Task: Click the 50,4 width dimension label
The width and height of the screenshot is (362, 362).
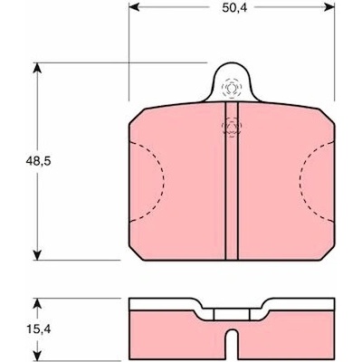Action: click(x=234, y=8)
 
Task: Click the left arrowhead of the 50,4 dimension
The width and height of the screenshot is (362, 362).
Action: click(x=134, y=7)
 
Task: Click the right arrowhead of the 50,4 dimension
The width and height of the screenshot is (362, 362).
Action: click(x=329, y=7)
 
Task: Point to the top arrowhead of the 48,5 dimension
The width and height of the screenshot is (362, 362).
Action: click(x=37, y=68)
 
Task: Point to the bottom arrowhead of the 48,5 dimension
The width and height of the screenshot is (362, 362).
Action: click(x=37, y=254)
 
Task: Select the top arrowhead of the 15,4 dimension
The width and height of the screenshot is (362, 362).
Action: click(x=37, y=304)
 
